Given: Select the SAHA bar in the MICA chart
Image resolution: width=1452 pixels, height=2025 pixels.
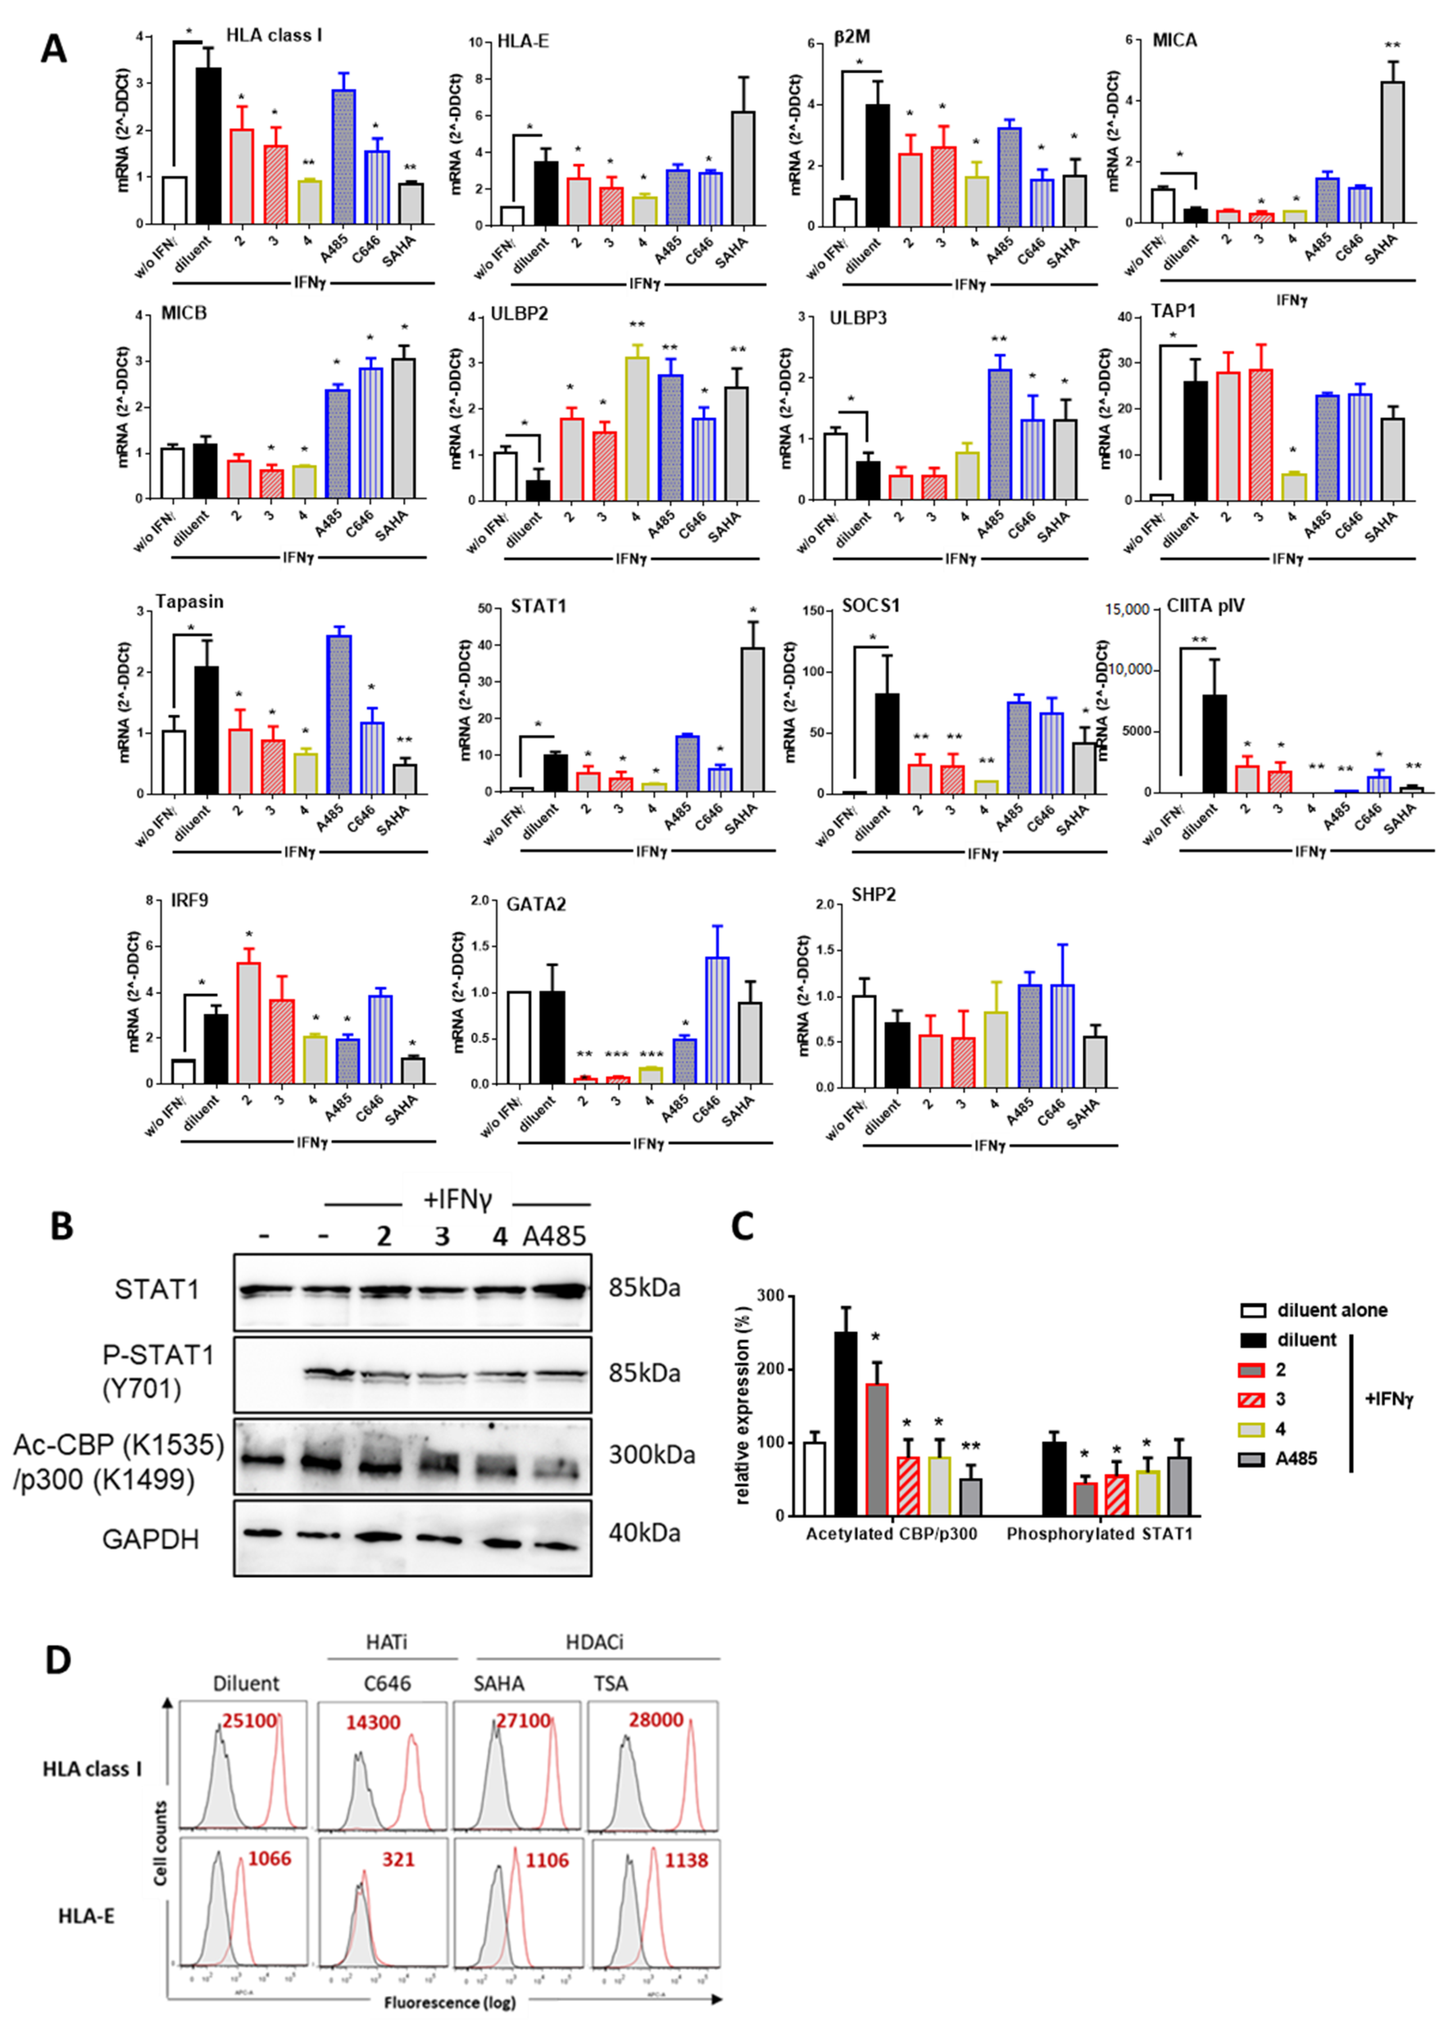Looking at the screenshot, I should (x=1391, y=152).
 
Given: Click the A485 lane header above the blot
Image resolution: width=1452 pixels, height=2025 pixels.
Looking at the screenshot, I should (x=554, y=1237).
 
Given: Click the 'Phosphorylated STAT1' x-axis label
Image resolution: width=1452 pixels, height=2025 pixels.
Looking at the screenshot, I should (x=1099, y=1534).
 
